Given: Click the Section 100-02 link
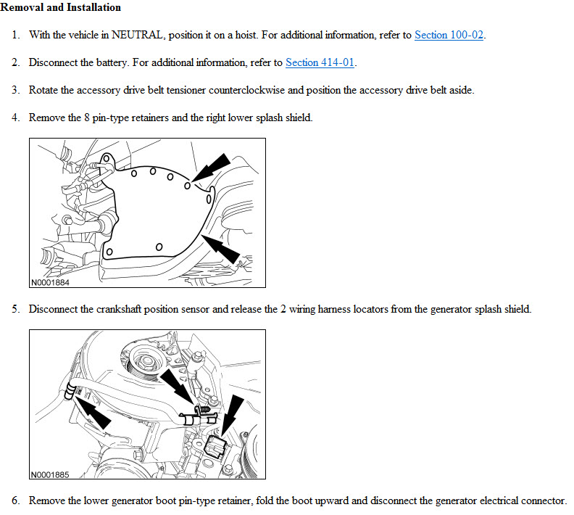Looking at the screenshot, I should (x=449, y=35).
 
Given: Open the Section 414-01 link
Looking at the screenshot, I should (x=320, y=62).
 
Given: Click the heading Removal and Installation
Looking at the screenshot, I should (x=61, y=7).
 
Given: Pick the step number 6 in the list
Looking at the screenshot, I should (x=15, y=501).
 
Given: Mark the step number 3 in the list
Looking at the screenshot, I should (x=15, y=90).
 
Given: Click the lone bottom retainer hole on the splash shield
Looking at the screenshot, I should (x=159, y=247).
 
